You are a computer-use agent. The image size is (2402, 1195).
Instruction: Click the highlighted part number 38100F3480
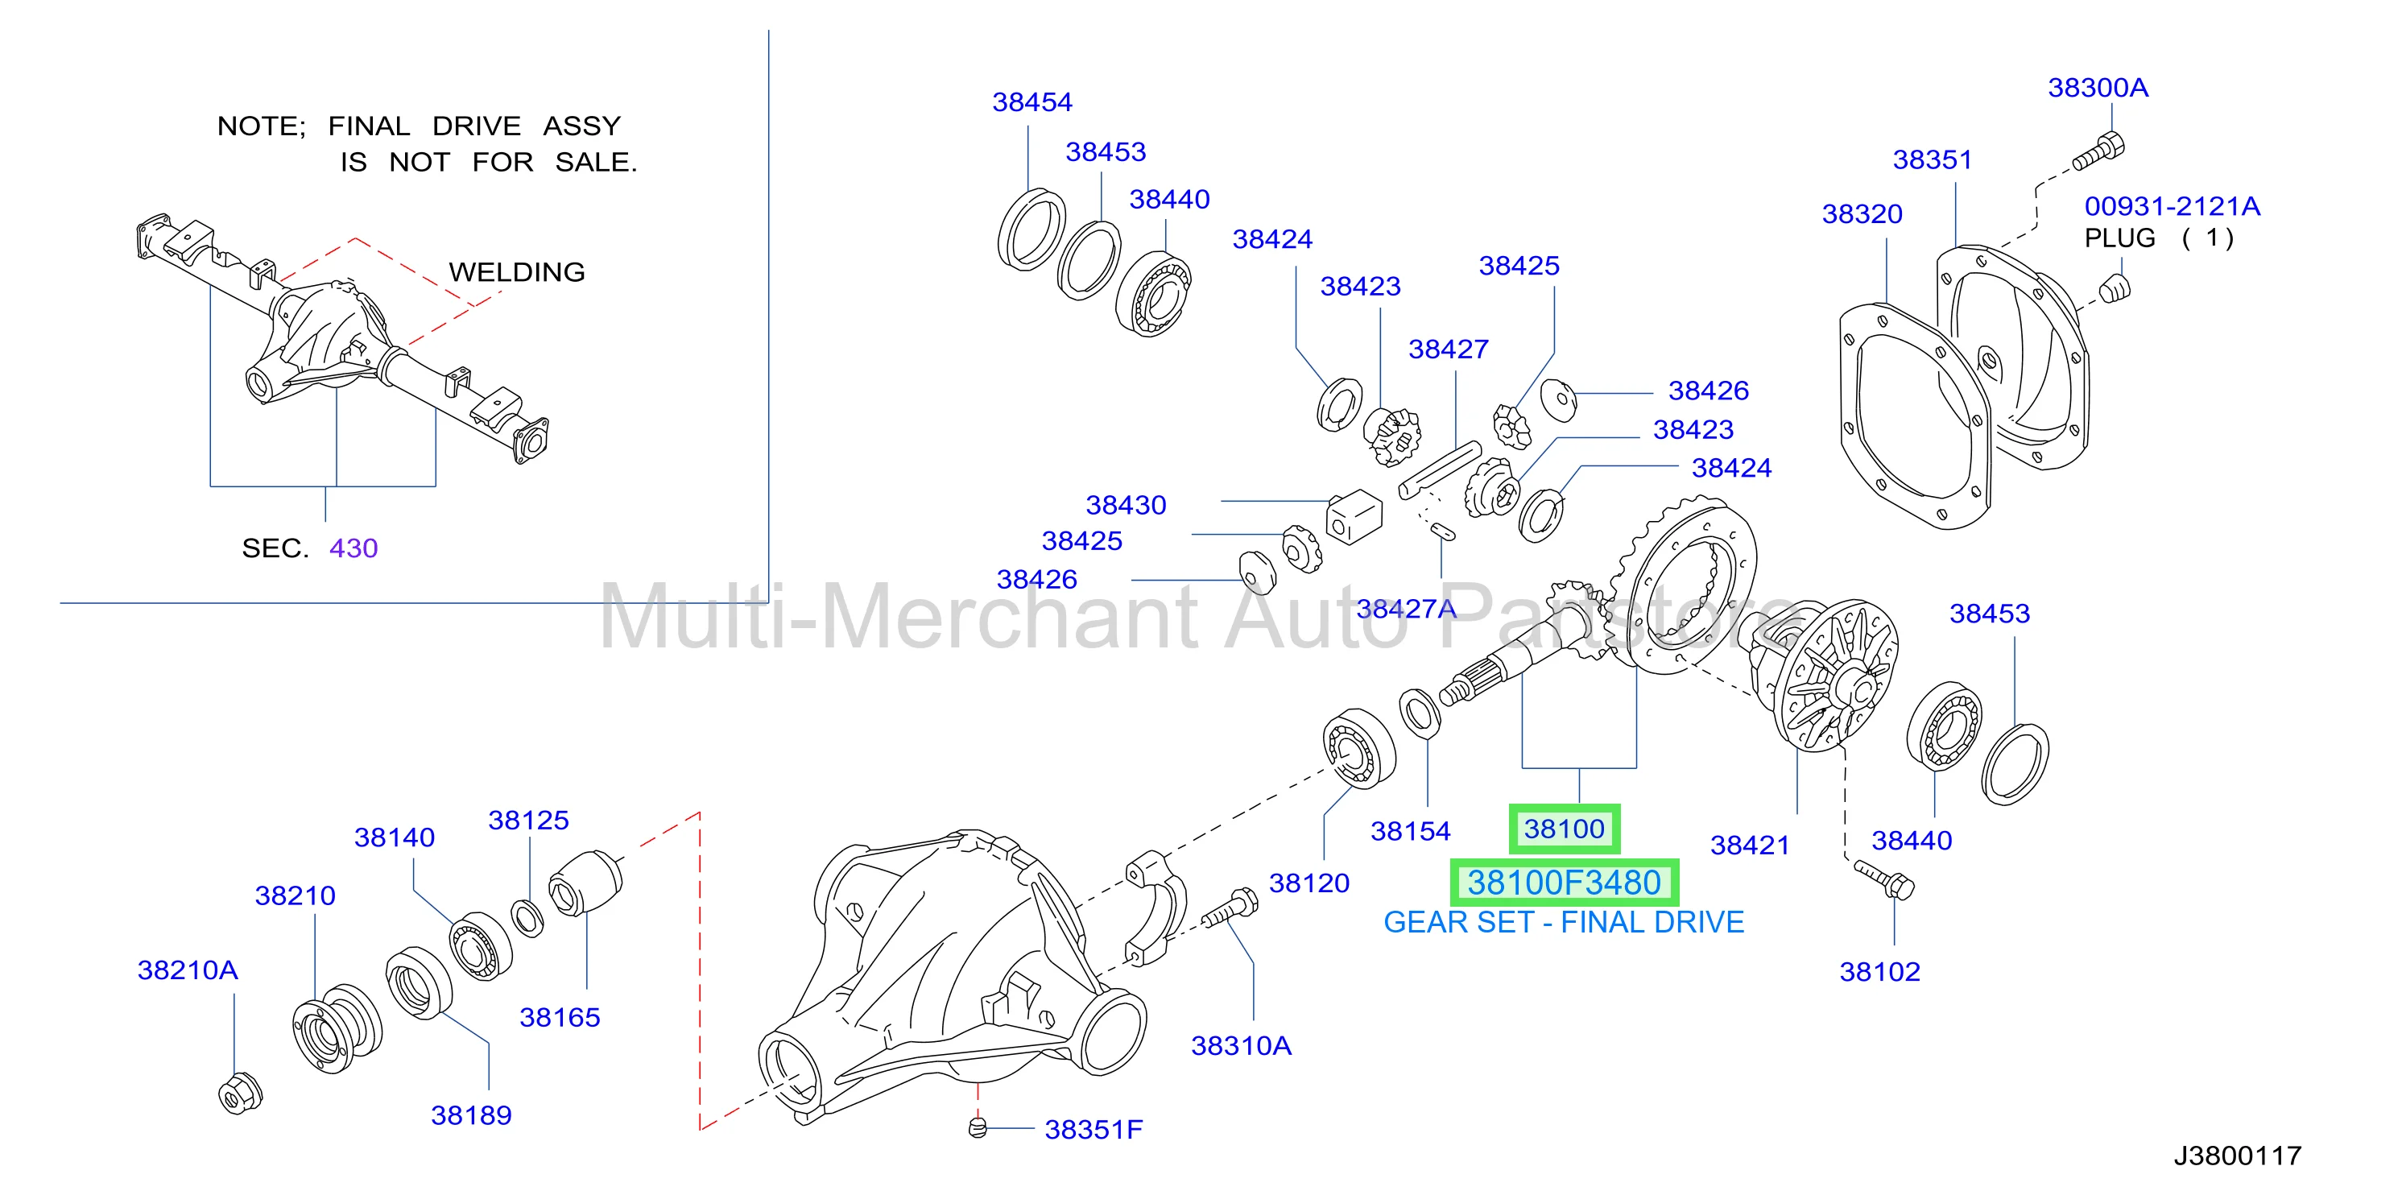click(1564, 882)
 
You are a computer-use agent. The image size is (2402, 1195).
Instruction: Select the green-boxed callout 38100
click(1564, 829)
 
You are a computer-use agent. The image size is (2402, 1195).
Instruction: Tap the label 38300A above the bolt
click(2097, 88)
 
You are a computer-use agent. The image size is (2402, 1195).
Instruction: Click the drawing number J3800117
click(2237, 1156)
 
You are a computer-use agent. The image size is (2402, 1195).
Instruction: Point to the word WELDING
click(517, 272)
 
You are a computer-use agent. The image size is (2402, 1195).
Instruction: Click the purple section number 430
click(353, 548)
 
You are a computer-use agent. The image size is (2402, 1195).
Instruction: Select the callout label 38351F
click(1093, 1130)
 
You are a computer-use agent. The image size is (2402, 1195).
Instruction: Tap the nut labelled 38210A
click(240, 1094)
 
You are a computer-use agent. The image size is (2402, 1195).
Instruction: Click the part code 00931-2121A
click(2172, 206)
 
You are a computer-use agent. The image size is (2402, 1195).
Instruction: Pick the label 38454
click(1031, 101)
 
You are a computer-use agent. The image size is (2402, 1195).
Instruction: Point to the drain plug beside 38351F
click(978, 1128)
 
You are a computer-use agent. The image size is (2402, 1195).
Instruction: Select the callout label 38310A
click(1240, 1046)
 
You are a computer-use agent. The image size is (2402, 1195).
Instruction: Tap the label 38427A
click(1405, 609)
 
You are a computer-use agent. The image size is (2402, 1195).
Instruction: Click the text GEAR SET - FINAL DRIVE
click(1564, 922)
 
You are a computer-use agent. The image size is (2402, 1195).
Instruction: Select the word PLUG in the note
click(2119, 238)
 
